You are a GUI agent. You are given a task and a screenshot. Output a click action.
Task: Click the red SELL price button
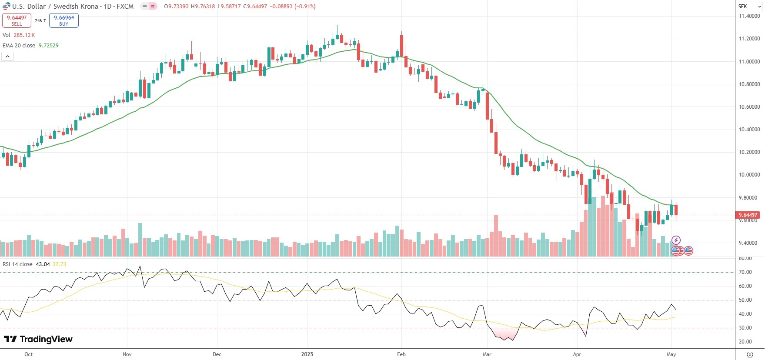click(x=17, y=20)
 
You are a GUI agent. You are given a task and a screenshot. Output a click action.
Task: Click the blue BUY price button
click(x=63, y=20)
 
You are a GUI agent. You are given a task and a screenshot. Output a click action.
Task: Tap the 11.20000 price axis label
click(x=749, y=39)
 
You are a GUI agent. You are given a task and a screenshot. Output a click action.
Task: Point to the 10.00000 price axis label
click(x=749, y=175)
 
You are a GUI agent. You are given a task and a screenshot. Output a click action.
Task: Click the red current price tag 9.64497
click(x=748, y=215)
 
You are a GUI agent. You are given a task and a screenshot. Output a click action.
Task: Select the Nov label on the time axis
click(x=127, y=354)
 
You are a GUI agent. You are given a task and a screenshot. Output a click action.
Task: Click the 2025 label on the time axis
click(x=307, y=354)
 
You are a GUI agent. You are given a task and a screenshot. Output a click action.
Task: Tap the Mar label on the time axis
click(x=487, y=354)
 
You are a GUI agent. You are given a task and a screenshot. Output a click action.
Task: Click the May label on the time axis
click(x=671, y=354)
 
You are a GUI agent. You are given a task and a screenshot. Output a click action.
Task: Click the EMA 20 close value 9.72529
click(x=49, y=45)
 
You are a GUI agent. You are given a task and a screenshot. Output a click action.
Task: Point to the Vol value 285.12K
click(x=24, y=35)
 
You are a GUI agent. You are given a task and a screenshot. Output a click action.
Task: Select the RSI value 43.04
click(x=43, y=264)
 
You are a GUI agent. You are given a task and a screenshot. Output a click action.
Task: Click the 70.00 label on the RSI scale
click(x=745, y=272)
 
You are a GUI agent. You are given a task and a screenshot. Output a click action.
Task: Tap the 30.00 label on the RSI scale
click(x=745, y=328)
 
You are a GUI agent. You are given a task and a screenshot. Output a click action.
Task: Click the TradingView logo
click(x=38, y=339)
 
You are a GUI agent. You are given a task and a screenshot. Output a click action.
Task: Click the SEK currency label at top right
click(x=743, y=7)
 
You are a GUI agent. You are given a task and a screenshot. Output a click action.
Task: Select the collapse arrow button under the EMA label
click(x=7, y=56)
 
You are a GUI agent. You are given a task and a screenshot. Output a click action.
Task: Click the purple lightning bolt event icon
click(x=676, y=240)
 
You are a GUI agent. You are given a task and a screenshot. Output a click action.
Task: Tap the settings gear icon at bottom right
click(x=750, y=354)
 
